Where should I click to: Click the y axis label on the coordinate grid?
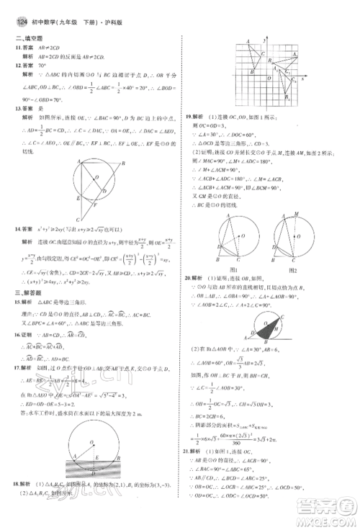pyautogui.click(x=267, y=42)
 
